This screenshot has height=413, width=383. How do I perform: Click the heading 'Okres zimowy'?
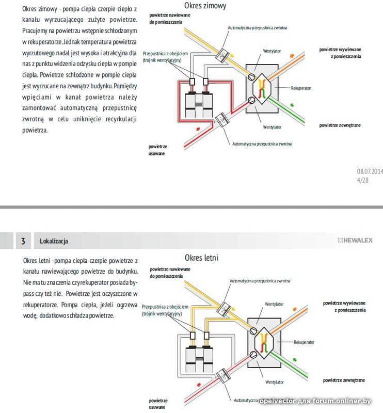[x=205, y=6]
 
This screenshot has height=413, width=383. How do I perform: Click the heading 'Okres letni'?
[x=201, y=257]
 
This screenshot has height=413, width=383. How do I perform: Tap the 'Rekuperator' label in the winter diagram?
[x=301, y=88]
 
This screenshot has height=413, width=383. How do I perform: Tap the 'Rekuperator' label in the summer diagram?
[x=304, y=342]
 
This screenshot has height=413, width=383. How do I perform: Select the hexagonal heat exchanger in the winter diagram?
[x=262, y=86]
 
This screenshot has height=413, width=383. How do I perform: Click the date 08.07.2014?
[x=370, y=171]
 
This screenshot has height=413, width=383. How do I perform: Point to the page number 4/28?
[x=362, y=181]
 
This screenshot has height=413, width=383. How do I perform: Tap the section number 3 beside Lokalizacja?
[x=23, y=241]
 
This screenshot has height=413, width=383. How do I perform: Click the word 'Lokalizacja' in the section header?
[x=54, y=241]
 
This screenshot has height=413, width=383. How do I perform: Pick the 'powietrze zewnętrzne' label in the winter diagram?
[x=340, y=125]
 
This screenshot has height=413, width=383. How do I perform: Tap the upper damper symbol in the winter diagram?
[x=223, y=53]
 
